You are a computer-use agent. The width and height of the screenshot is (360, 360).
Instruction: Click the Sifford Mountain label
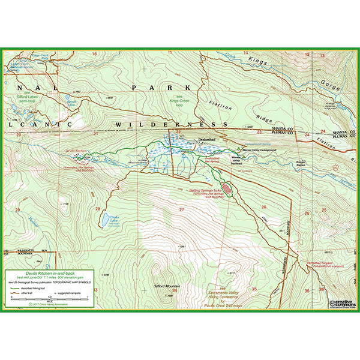pyautogui.click(x=167, y=286)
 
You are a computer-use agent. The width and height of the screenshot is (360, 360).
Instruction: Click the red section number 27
pyautogui.click(x=181, y=209)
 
